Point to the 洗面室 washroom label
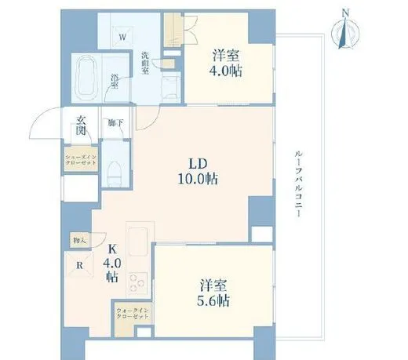[x=146, y=63]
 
